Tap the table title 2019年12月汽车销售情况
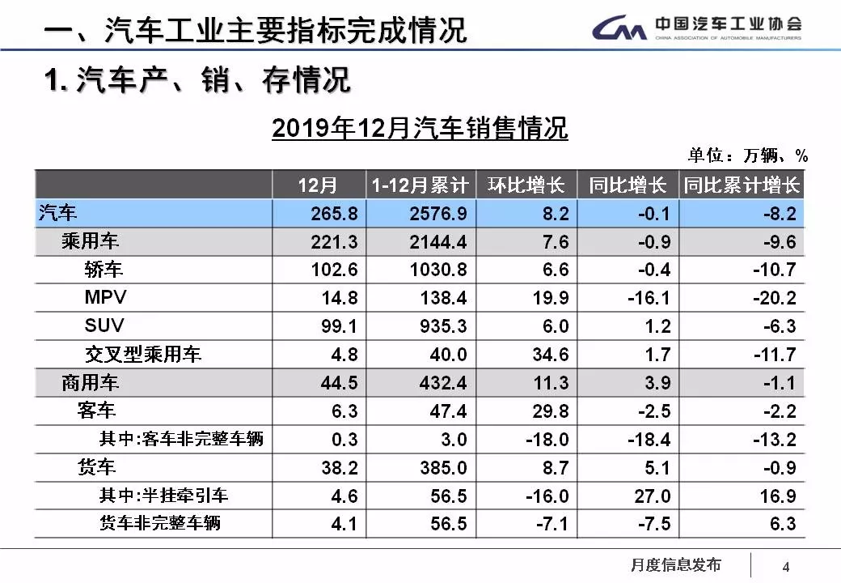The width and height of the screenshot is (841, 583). (420, 128)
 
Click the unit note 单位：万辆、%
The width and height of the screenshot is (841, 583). (748, 155)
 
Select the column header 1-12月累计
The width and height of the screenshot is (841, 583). (420, 185)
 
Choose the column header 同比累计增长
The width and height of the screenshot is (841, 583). (741, 185)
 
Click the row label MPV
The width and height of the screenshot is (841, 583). (105, 297)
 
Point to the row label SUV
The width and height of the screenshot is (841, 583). (104, 326)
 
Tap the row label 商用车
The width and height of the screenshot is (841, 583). (90, 382)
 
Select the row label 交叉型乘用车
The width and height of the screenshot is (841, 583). (143, 354)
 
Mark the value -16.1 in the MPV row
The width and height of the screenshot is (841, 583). (649, 298)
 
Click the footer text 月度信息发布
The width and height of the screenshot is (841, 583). (675, 564)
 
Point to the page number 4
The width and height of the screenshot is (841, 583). (785, 565)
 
